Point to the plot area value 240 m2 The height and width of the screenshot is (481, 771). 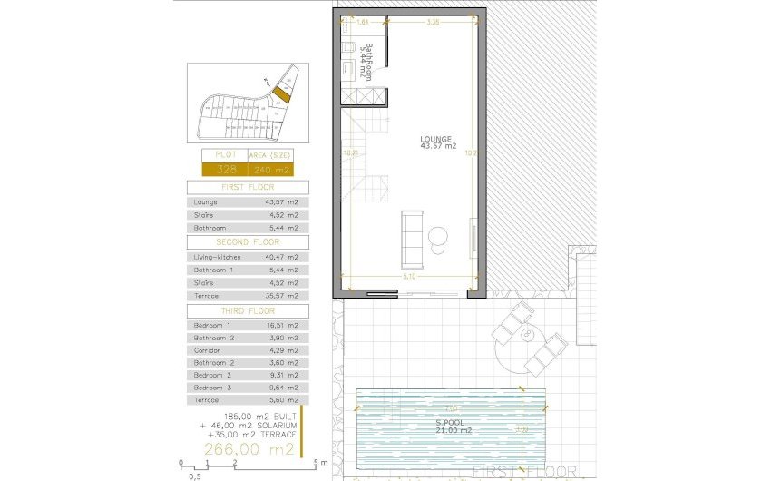point(271,170)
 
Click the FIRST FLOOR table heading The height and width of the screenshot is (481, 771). point(248,187)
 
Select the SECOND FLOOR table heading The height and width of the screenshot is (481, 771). point(248,242)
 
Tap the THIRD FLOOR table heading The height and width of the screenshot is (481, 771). point(248,310)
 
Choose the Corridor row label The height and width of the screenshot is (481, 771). point(207,349)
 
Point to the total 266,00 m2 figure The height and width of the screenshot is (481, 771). point(249,449)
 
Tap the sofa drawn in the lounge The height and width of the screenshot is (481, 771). point(411,232)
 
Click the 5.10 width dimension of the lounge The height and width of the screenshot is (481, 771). point(410,278)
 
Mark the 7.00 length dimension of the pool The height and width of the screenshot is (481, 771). point(451,407)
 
